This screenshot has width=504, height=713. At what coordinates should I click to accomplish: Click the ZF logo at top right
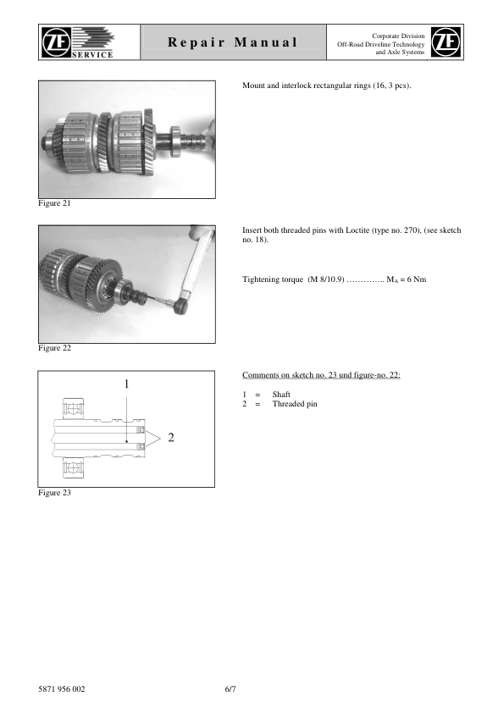446,42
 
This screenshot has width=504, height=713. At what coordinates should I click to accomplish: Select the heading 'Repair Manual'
232,42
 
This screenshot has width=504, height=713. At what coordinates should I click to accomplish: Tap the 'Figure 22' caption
55,348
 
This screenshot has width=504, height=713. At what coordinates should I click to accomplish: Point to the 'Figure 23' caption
55,493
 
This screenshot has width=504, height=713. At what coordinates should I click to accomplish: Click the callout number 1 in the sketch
126,384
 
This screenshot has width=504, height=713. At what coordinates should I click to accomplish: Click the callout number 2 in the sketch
171,438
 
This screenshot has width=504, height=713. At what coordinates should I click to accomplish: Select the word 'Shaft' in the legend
282,395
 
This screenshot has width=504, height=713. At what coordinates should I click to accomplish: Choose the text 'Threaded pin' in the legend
295,404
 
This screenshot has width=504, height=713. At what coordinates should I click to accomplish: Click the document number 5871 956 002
62,688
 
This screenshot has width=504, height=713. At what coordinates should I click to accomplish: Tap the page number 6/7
230,688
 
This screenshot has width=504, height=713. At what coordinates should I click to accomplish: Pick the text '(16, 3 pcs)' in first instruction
390,86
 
